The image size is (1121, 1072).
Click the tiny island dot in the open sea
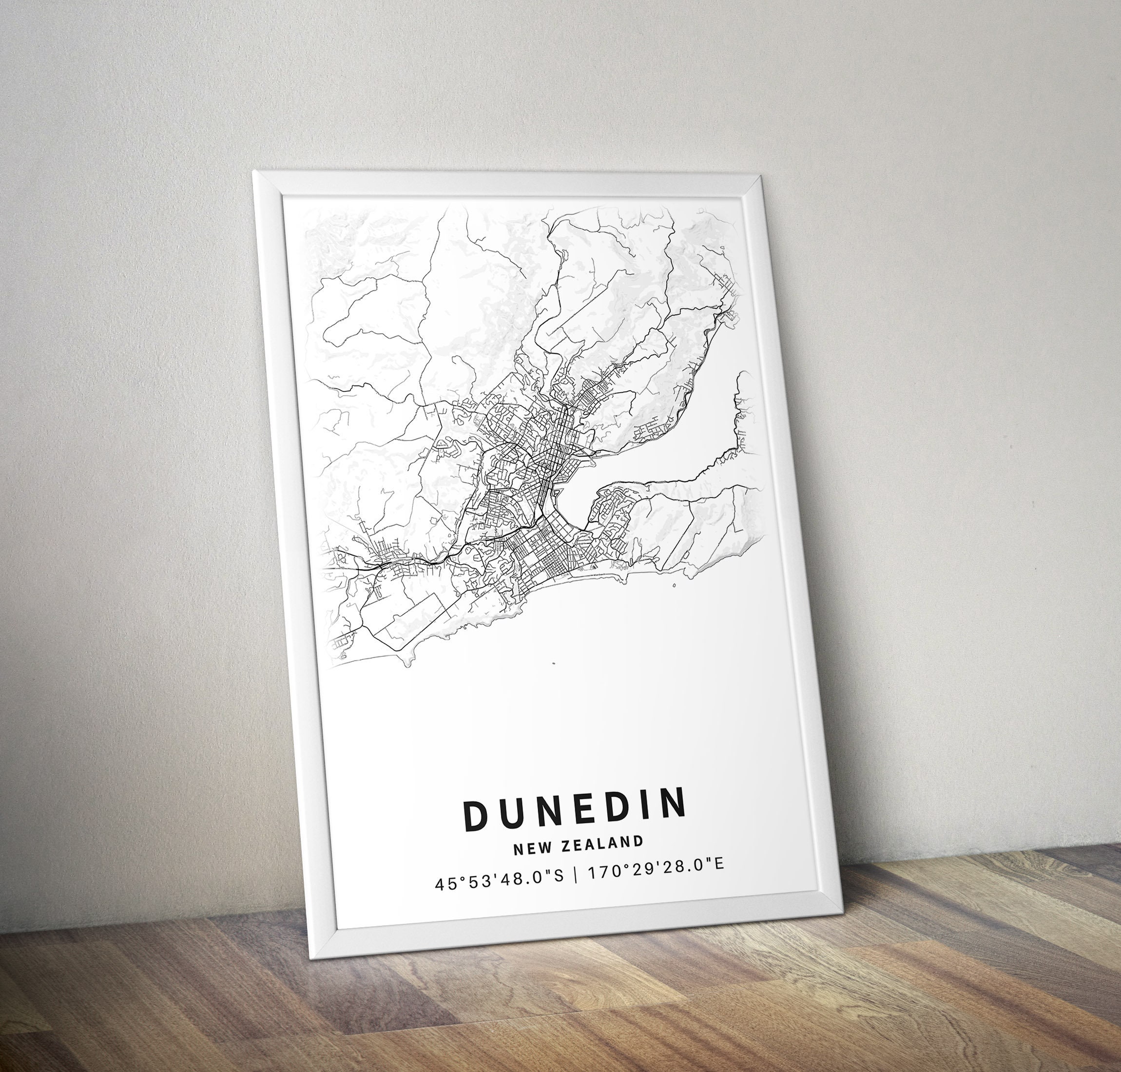pyautogui.click(x=554, y=664)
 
